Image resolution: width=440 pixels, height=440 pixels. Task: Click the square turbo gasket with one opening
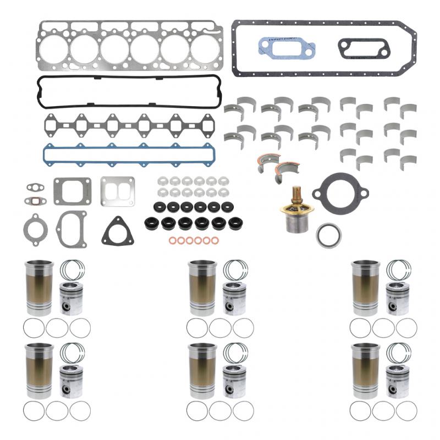click(x=71, y=191)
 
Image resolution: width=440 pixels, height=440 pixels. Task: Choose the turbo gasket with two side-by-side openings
click(x=118, y=190)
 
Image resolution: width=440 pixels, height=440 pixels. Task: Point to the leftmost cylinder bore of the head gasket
click(x=54, y=49)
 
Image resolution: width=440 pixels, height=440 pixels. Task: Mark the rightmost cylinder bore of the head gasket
click(x=205, y=49)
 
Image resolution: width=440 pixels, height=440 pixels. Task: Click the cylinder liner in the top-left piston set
click(x=39, y=287)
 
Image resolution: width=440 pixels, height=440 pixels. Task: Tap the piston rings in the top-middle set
click(x=236, y=270)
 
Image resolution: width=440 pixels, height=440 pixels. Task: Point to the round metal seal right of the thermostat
click(x=328, y=234)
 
